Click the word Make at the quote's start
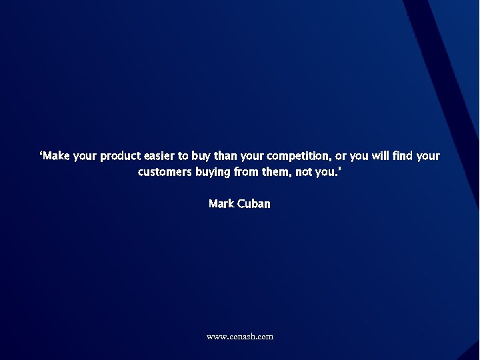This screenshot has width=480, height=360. (x=55, y=156)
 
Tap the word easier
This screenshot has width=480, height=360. (x=159, y=156)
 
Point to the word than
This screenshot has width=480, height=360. (x=225, y=156)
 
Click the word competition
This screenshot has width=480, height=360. (x=297, y=157)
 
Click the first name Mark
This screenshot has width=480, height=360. (x=221, y=204)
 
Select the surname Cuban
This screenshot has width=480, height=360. (x=254, y=204)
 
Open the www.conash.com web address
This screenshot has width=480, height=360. (x=240, y=337)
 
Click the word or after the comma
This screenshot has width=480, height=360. (x=340, y=157)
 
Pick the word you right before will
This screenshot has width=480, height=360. (x=359, y=157)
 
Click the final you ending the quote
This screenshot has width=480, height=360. (x=329, y=173)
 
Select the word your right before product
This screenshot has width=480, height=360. (x=85, y=157)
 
